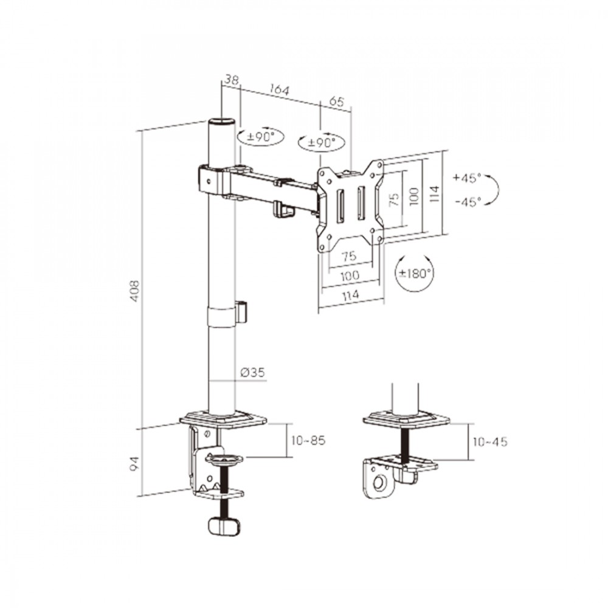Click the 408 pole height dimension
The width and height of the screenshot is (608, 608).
[x=134, y=291]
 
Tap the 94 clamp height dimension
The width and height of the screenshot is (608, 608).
[x=134, y=464]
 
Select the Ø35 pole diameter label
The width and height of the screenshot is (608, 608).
[x=252, y=373]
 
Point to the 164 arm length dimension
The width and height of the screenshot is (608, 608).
[x=279, y=90]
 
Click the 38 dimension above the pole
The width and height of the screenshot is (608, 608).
[x=232, y=80]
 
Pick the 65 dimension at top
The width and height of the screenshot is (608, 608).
[x=336, y=102]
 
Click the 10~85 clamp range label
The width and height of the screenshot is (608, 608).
[x=308, y=440]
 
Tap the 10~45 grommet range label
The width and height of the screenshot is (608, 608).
[x=490, y=441]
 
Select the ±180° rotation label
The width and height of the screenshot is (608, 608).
[x=415, y=274]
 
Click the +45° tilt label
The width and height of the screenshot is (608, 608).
[x=467, y=178]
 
